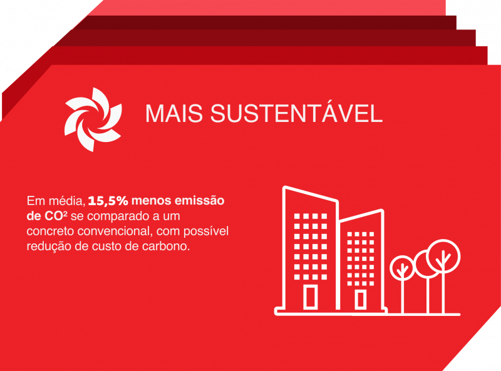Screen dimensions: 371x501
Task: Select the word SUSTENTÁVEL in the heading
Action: pos(294,113)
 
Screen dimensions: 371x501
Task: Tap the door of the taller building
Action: pos(311,297)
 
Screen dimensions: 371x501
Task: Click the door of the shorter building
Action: pos(360,299)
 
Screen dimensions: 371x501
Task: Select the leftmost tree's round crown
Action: pos(401,268)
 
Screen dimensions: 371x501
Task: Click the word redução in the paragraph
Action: pos(48,247)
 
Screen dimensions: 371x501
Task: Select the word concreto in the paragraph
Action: pos(50,232)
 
